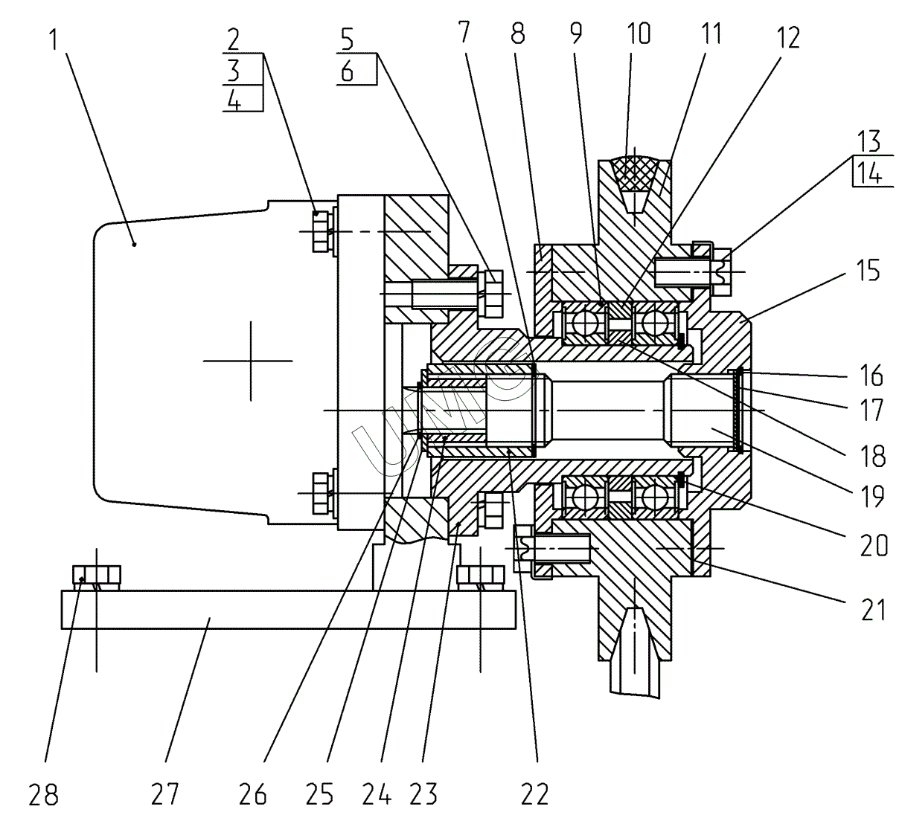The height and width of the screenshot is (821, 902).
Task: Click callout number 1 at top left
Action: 54,38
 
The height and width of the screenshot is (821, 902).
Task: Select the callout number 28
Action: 43,795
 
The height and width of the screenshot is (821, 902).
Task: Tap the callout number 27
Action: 165,795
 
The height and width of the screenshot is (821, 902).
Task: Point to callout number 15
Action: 866,271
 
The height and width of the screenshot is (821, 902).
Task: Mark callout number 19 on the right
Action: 869,496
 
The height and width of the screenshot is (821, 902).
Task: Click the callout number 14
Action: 869,174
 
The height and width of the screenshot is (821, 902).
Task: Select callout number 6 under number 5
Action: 347,71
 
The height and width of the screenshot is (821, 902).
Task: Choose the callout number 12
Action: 787,38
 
